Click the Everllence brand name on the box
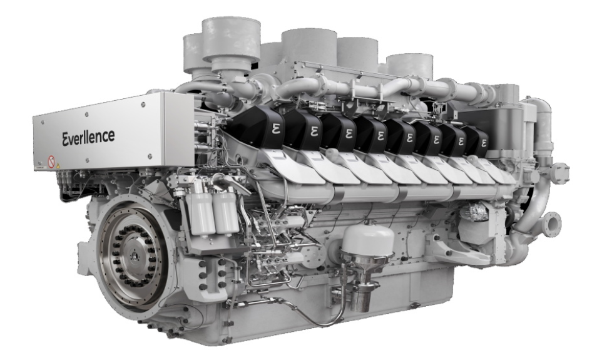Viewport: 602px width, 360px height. coord(88,137)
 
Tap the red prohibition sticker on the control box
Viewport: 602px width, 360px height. coord(51,162)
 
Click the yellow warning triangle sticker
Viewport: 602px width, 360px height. coord(58,165)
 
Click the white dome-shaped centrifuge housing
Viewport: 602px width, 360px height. coord(367,238)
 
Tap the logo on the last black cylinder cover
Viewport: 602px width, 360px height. coord(483,143)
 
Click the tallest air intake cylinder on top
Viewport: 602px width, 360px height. coord(231,43)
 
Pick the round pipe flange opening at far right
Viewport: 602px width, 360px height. coord(553,224)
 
